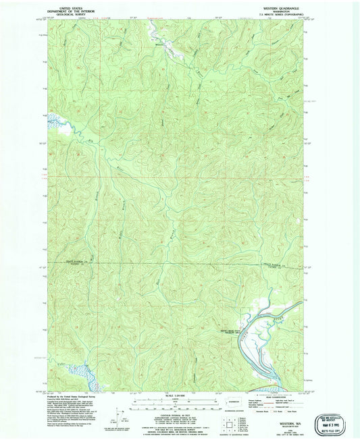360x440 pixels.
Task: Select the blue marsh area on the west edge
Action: pyautogui.click(x=54, y=121)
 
